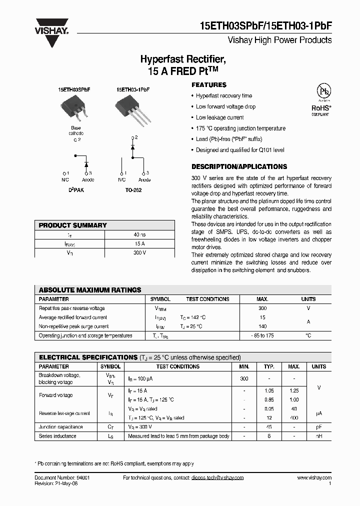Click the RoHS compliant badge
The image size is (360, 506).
[x=320, y=103]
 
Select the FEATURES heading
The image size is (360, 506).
[x=208, y=85]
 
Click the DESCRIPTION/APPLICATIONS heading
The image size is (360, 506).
[x=239, y=166]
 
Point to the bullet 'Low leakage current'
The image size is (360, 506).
[x=219, y=117]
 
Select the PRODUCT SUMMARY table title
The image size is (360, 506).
[x=72, y=225]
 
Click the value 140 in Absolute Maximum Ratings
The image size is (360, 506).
[x=262, y=326]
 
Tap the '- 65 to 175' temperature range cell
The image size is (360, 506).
[x=262, y=336]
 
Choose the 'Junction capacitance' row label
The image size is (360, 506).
[x=61, y=427]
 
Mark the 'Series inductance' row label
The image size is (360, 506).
[x=58, y=436]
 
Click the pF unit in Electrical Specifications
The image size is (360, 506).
[x=318, y=427]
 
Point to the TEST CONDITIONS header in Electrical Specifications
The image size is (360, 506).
[x=177, y=366]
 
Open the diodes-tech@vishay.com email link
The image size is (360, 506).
[x=217, y=477]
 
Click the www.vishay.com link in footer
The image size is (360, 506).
[x=314, y=477]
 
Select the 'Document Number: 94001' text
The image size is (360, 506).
[x=62, y=477]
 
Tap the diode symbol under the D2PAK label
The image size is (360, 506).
[x=86, y=164]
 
